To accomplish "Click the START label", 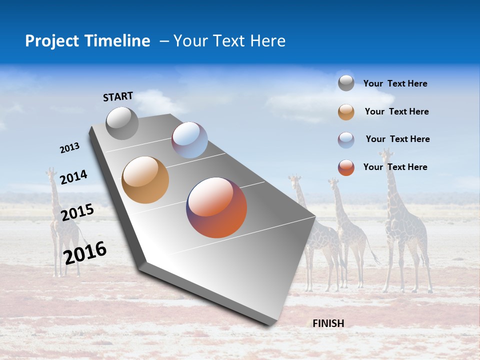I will tap(118, 96).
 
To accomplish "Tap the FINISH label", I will tap(328, 323).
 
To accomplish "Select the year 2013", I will tap(69, 148).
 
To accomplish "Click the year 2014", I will tap(73, 177).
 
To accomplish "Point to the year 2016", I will tap(85, 252).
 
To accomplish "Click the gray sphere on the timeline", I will tap(122, 123).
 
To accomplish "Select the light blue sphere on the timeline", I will tap(189, 140).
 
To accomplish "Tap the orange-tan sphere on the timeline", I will tap(145, 180).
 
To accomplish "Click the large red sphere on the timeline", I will tap(216, 207).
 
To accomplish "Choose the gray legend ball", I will tap(346, 83).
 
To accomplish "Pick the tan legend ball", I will tap(346, 112).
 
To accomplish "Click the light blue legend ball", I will tap(346, 140).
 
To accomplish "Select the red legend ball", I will tap(346, 167).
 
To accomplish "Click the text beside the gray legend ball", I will tap(395, 83).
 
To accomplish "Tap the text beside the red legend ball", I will tap(395, 167).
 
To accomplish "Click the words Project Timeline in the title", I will tap(87, 41).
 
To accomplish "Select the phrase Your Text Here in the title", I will tap(229, 41).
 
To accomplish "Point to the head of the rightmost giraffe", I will tap(385, 154).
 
